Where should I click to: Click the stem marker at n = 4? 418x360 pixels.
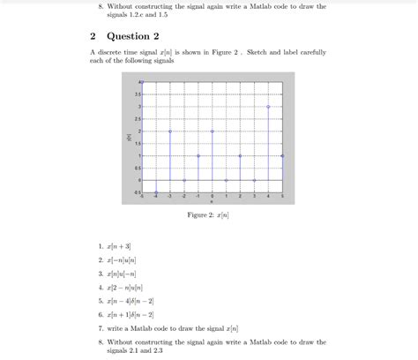pyautogui.click(x=268, y=106)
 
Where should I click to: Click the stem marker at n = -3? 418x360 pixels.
pyautogui.click(x=170, y=131)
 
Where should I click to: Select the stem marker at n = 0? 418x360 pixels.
pyautogui.click(x=213, y=131)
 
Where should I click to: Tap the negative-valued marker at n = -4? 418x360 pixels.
pyautogui.click(x=156, y=191)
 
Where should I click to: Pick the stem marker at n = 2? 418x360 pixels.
pyautogui.click(x=240, y=155)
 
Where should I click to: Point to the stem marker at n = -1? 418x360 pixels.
pyautogui.click(x=198, y=155)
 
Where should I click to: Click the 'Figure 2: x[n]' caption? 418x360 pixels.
pyautogui.click(x=209, y=214)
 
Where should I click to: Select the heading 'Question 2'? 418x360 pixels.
pyautogui.click(x=133, y=36)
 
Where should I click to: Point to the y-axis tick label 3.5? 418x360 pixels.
pyautogui.click(x=137, y=94)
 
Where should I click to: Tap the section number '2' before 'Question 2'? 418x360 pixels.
pyautogui.click(x=93, y=36)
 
